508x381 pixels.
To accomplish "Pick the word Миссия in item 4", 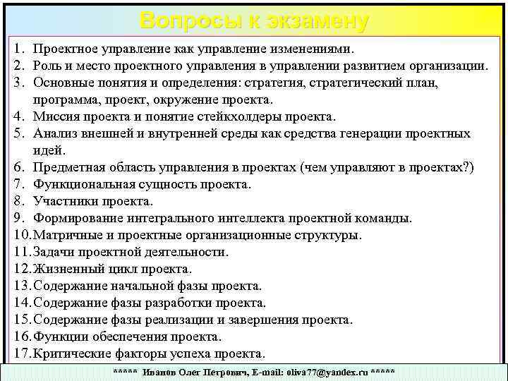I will point(56,117).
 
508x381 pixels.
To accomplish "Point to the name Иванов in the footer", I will point(159,371).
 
